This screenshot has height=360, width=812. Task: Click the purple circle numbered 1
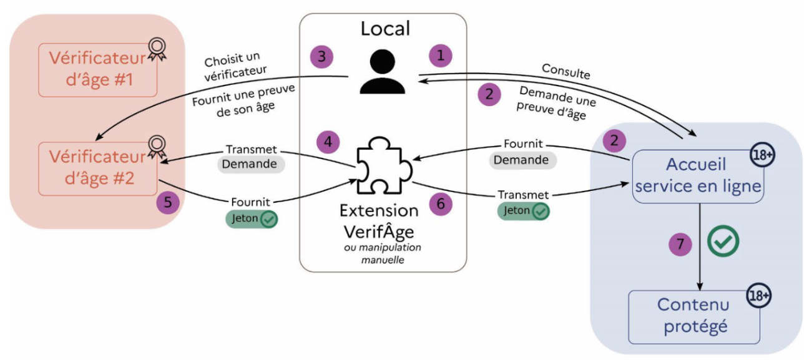click(441, 56)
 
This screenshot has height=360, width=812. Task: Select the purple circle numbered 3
click(322, 57)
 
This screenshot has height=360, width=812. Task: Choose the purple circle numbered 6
click(441, 204)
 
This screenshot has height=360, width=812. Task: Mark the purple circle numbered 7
click(680, 244)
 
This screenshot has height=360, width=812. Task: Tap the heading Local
click(386, 28)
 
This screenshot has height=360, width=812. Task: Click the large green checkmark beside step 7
click(723, 241)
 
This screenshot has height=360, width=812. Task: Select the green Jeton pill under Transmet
click(523, 212)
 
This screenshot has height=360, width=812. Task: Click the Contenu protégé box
click(693, 316)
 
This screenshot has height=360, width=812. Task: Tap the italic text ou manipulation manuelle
click(382, 253)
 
